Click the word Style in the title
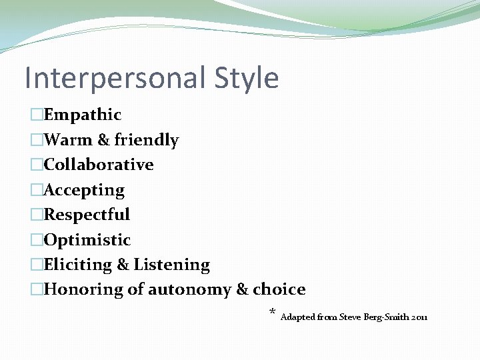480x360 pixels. click(247, 77)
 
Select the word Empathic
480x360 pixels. click(83, 115)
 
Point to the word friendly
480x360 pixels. click(147, 140)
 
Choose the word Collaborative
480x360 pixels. click(99, 165)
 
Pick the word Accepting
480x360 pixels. click(84, 191)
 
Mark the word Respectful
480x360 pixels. click(87, 215)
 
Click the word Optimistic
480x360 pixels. click(87, 240)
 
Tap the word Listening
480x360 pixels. click(172, 265)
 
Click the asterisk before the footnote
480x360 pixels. click(272, 311)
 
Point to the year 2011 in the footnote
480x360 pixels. click(420, 317)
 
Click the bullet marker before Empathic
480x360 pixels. click(37, 115)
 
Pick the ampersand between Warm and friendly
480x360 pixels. click(103, 140)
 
